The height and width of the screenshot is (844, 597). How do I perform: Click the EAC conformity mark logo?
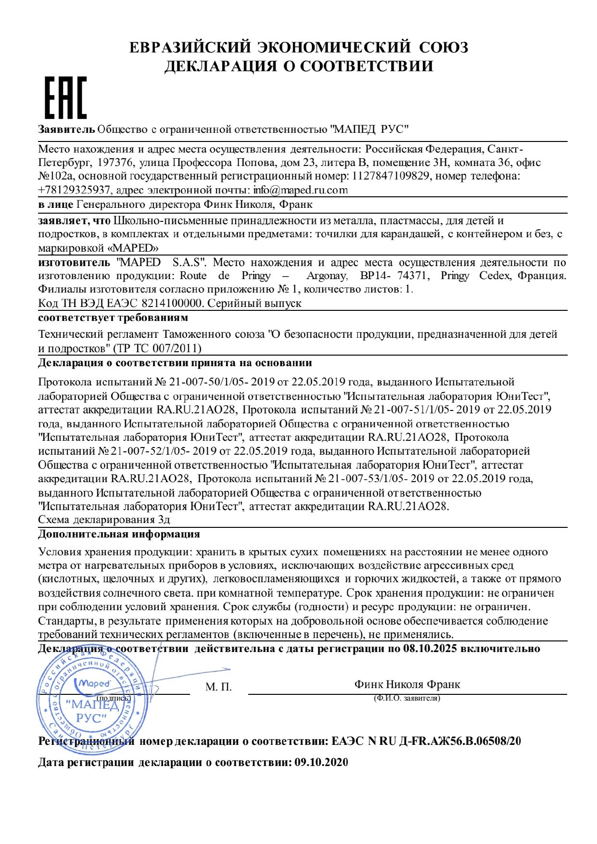tap(66, 98)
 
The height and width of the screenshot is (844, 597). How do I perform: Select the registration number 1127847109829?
tap(391, 176)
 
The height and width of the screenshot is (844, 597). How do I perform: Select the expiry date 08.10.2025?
tap(430, 649)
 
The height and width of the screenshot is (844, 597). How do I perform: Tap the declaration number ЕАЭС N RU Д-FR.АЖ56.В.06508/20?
tap(426, 741)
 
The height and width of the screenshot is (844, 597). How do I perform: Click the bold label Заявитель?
tap(66, 129)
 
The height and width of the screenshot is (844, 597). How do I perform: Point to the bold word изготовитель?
tap(74, 263)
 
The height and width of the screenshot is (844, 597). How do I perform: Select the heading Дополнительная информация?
tap(119, 534)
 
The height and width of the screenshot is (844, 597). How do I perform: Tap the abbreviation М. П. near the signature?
tap(218, 687)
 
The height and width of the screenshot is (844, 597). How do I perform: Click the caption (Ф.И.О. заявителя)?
tap(407, 698)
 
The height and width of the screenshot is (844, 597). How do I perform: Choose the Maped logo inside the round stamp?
tap(93, 683)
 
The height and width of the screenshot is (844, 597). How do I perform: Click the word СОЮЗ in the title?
tap(443, 47)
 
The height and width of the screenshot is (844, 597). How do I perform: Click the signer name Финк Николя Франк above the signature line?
tap(407, 684)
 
